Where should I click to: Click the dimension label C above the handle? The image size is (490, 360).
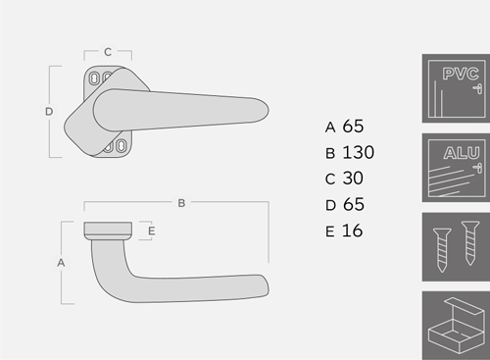click(x=108, y=52)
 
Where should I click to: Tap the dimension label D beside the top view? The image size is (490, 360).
click(x=49, y=112)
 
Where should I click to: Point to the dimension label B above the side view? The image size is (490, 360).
click(x=181, y=203)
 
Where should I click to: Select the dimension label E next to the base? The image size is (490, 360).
click(x=151, y=231)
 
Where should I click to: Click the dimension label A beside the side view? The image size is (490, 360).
click(x=61, y=263)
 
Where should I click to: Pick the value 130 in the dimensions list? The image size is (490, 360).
click(x=358, y=152)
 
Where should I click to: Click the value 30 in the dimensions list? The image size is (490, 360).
click(x=353, y=179)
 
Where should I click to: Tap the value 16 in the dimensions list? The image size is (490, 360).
click(x=352, y=231)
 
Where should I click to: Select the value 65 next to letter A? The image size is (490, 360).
click(x=353, y=127)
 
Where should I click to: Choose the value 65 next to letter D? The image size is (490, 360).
click(x=354, y=204)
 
